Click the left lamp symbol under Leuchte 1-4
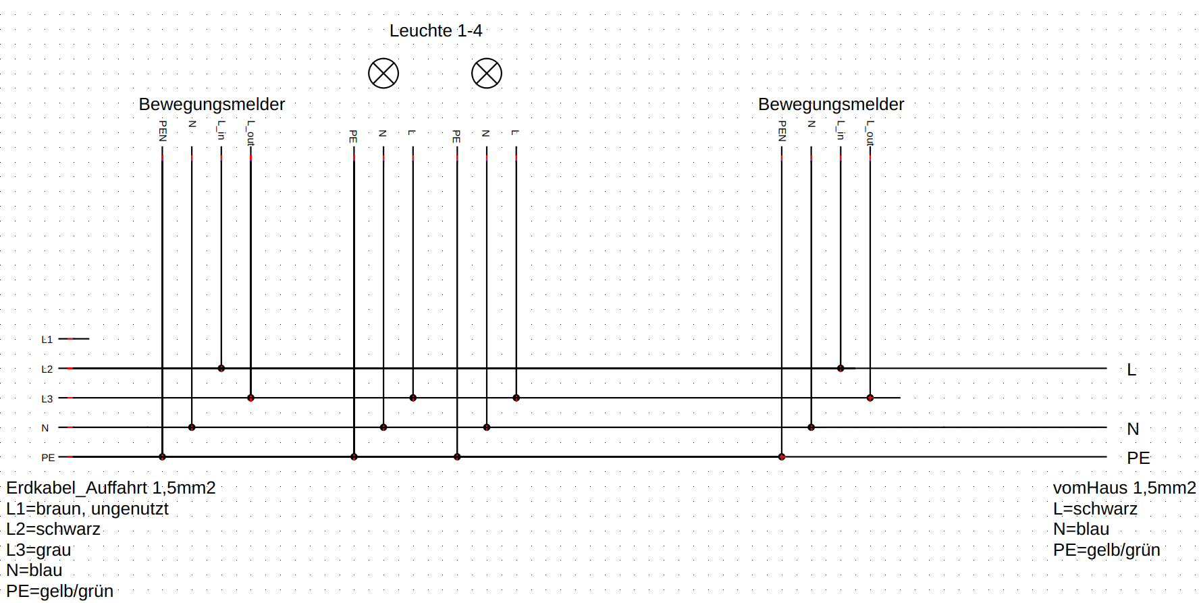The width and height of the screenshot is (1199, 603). tap(383, 73)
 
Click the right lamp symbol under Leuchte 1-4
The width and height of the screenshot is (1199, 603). tap(487, 73)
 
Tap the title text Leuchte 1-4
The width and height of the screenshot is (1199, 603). tap(435, 30)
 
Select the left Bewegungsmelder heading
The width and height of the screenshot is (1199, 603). tap(211, 104)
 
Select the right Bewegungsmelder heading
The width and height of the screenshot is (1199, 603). tap(830, 104)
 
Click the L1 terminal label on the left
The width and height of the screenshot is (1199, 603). tap(47, 339)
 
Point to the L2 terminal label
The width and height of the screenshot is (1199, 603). tap(47, 369)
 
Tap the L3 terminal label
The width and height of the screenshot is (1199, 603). tap(47, 398)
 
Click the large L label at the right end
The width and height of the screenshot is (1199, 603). tap(1131, 369)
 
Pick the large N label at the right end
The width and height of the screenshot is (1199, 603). tap(1133, 429)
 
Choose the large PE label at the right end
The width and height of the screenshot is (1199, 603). tap(1138, 458)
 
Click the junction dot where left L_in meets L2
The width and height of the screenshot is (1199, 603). tap(221, 368)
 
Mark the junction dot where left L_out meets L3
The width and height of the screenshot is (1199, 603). tap(250, 398)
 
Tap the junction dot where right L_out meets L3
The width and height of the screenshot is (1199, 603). tap(870, 398)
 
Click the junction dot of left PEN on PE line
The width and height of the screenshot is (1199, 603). tap(162, 456)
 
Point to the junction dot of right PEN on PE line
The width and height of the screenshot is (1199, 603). tap(782, 456)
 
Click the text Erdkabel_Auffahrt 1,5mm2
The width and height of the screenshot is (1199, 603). tap(111, 488)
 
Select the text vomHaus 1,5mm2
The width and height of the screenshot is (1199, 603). tap(1124, 488)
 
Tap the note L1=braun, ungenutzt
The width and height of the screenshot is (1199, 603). tap(87, 508)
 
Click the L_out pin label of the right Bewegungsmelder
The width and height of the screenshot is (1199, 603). tap(870, 133)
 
